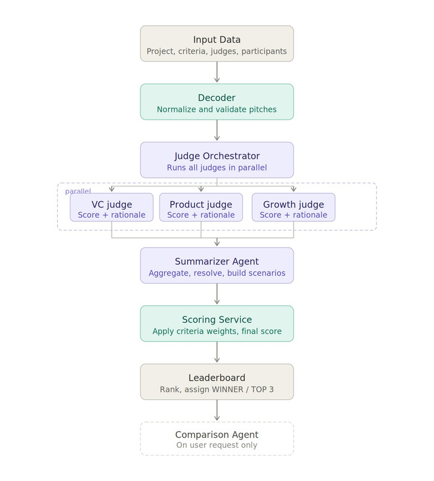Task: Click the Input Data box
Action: click(217, 43)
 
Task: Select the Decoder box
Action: click(217, 102)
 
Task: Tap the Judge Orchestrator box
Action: click(217, 160)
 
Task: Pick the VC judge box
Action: click(112, 207)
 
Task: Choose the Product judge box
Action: click(201, 207)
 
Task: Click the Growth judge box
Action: click(294, 207)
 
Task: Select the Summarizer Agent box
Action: click(217, 265)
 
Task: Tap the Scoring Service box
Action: click(217, 323)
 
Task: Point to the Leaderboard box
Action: click(217, 382)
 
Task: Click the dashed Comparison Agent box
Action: click(217, 439)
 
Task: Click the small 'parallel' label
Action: click(78, 191)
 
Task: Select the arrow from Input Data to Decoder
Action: click(217, 72)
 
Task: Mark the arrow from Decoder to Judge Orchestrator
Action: click(217, 130)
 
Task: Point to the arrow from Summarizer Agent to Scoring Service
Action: click(217, 294)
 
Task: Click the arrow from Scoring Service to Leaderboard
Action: click(217, 352)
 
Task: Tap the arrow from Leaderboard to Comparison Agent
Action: click(217, 410)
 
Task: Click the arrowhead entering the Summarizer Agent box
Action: click(217, 244)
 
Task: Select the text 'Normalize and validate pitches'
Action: click(217, 109)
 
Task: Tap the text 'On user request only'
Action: click(217, 446)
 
